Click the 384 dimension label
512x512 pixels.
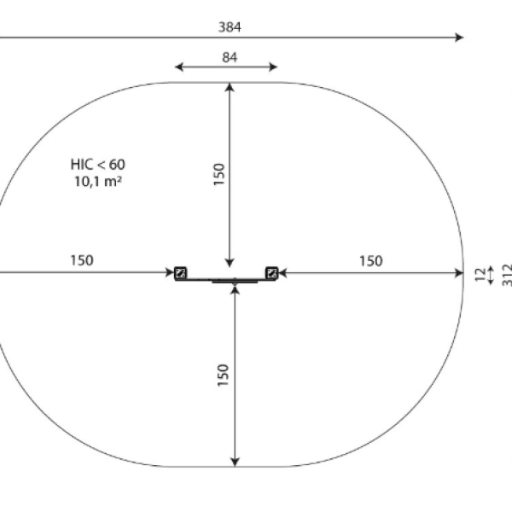[230, 27]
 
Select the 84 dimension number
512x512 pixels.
[230, 57]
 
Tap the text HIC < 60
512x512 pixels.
[97, 164]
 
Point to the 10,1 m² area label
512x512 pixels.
[98, 181]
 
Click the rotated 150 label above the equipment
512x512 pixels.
[219, 174]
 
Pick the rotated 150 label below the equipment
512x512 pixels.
[223, 375]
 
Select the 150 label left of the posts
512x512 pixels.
[82, 260]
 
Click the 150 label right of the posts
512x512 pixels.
[371, 261]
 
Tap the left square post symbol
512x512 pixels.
[180, 273]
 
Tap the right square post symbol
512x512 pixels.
[271, 273]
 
